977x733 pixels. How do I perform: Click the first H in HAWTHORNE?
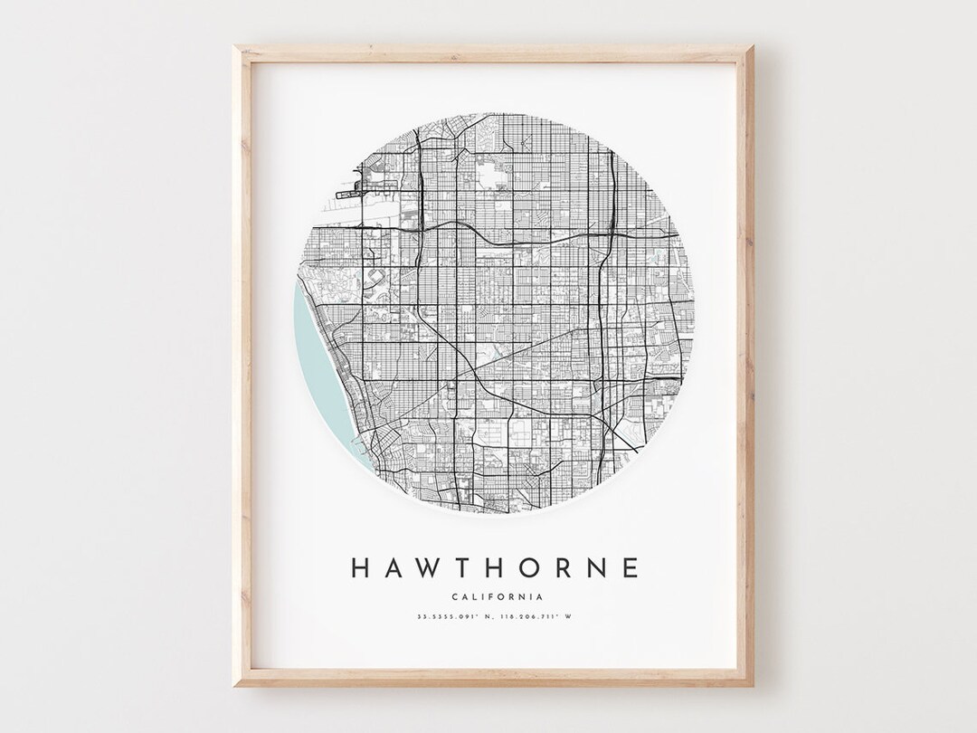pyautogui.click(x=359, y=567)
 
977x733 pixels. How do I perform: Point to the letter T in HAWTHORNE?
pyautogui.click(x=462, y=567)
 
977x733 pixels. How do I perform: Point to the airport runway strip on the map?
pyautogui.click(x=358, y=191)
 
